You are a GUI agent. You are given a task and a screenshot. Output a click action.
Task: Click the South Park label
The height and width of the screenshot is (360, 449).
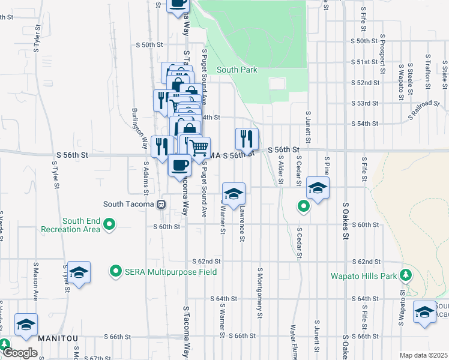click(x=237, y=70)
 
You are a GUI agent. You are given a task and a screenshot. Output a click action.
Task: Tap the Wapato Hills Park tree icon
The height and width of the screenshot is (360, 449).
click(x=406, y=275)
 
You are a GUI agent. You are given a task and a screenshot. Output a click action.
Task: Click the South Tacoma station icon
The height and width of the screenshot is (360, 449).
click(x=161, y=204)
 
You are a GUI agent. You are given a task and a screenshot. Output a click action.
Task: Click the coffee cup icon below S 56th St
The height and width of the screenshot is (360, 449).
click(x=179, y=166)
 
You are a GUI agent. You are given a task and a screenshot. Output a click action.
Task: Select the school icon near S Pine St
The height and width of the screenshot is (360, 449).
click(x=318, y=188)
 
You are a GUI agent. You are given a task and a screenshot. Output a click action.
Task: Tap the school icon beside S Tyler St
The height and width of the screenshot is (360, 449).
click(x=79, y=273)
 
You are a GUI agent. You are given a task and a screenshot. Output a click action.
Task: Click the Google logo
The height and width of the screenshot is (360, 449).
click(x=20, y=353)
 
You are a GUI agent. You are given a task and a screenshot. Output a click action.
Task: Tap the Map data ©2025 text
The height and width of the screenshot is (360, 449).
click(x=423, y=355)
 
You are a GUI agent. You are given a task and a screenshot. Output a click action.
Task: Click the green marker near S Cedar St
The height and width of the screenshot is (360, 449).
click(x=304, y=207)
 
